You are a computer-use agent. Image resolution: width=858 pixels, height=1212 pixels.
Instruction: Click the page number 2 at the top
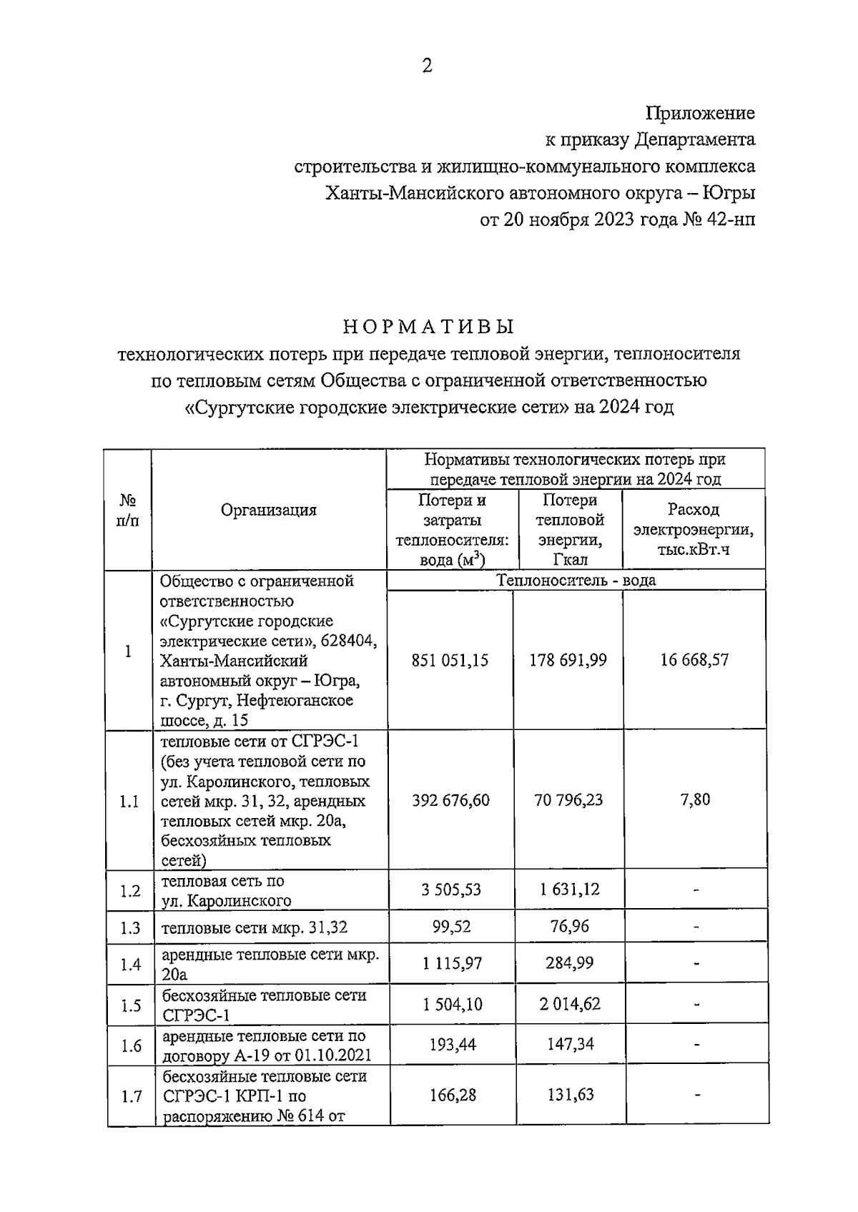pyautogui.click(x=428, y=66)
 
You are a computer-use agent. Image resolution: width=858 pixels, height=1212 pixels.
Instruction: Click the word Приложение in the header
pyautogui.click(x=700, y=113)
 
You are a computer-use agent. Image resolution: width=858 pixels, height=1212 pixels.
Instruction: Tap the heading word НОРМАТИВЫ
pyautogui.click(x=428, y=327)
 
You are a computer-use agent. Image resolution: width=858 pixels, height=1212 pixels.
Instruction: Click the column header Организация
pyautogui.click(x=268, y=510)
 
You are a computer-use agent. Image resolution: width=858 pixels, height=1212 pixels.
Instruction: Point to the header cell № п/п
pyautogui.click(x=128, y=510)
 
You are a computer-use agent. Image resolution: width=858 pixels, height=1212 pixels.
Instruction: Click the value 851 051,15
pyautogui.click(x=450, y=660)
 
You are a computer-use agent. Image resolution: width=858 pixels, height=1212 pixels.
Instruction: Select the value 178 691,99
pyautogui.click(x=568, y=660)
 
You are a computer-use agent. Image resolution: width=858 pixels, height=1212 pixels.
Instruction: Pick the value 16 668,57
pyautogui.click(x=694, y=660)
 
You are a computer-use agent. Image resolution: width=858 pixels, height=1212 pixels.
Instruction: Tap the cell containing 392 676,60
pyautogui.click(x=450, y=800)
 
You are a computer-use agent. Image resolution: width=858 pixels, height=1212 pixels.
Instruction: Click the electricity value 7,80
pyautogui.click(x=695, y=799)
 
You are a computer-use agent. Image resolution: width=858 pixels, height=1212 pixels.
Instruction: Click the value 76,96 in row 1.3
pyautogui.click(x=569, y=927)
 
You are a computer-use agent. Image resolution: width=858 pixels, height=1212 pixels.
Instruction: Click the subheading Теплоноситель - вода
pyautogui.click(x=576, y=580)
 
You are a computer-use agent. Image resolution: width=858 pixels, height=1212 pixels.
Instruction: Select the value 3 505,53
pyautogui.click(x=451, y=890)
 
